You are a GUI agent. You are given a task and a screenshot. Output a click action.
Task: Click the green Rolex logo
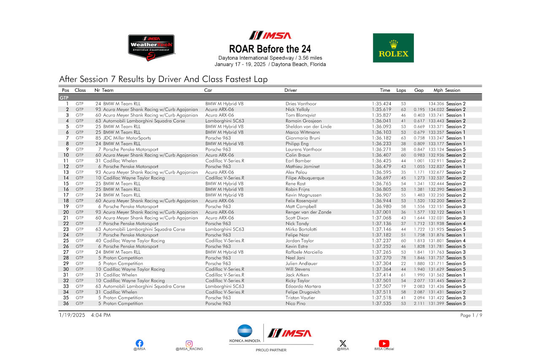click(393, 48)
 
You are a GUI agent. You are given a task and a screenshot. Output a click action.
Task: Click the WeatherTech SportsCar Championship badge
click(151, 48)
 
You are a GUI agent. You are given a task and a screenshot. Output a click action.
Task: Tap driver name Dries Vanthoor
click(301, 104)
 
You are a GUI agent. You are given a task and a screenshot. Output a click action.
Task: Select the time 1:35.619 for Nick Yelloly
click(381, 109)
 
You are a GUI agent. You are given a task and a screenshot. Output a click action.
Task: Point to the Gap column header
click(418, 90)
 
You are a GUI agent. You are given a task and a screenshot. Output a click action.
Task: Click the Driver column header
click(291, 90)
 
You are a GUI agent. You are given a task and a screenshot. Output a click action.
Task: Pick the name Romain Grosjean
click(303, 121)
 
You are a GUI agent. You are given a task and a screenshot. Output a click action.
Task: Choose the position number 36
click(66, 303)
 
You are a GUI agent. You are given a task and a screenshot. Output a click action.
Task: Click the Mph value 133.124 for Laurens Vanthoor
click(436, 149)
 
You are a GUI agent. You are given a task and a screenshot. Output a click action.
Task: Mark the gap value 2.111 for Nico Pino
click(419, 303)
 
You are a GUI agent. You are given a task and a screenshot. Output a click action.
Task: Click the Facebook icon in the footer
click(139, 343)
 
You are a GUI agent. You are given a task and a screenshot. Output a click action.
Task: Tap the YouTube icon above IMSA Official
click(384, 344)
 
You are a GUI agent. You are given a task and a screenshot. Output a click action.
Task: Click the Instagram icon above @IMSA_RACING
click(189, 344)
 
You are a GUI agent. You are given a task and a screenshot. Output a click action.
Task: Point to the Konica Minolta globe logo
click(245, 331)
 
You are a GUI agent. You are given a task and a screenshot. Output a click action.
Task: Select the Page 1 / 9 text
click(471, 315)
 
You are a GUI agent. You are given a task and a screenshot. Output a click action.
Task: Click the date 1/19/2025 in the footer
click(73, 315)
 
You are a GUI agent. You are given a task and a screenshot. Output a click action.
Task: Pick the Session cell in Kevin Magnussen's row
click(456, 195)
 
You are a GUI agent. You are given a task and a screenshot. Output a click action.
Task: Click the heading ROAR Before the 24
click(270, 49)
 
